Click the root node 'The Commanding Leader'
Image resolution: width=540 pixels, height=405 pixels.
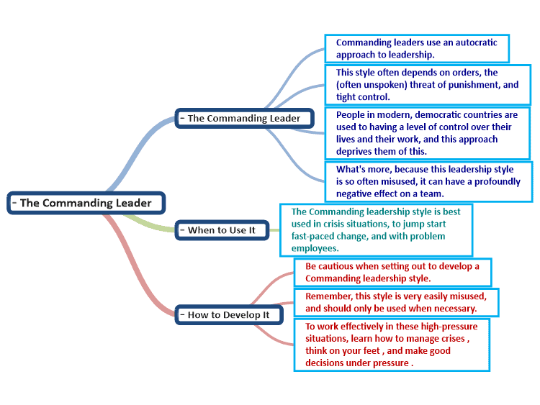pyautogui.click(x=86, y=203)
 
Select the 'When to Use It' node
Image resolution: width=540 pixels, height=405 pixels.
pyautogui.click(x=222, y=230)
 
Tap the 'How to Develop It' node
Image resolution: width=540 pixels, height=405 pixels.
pyautogui.click(x=229, y=315)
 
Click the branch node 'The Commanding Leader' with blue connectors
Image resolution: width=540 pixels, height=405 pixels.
pyautogui.click(x=245, y=119)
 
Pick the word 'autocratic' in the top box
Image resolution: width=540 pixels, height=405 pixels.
pyautogui.click(x=477, y=42)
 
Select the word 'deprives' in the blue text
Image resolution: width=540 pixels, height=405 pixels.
pyautogui.click(x=352, y=152)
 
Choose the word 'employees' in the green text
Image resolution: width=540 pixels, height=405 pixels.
pyautogui.click(x=314, y=249)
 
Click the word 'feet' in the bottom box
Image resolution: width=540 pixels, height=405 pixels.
pyautogui.click(x=372, y=351)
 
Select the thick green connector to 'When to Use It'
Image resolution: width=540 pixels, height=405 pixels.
pyautogui.click(x=149, y=224)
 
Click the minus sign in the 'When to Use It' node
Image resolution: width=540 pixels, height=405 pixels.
pyautogui.click(x=182, y=230)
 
